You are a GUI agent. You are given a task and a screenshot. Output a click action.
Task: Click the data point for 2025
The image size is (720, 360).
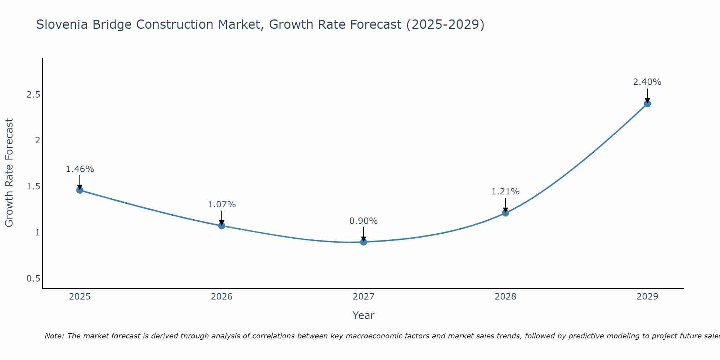pos(80,190)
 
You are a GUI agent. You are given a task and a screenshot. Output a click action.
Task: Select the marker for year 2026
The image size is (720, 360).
pos(222,226)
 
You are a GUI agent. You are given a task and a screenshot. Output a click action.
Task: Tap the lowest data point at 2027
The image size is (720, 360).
pos(364,242)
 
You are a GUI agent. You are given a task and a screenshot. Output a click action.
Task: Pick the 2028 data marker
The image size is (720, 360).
pos(505,213)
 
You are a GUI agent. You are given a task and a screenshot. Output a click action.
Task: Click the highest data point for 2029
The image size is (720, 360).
pos(647,104)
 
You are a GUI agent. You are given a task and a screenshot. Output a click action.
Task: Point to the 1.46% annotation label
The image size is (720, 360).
pos(80,169)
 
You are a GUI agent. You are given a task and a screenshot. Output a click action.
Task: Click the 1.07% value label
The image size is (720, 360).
pos(222,204)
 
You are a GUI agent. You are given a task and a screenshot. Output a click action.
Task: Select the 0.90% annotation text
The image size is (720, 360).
pos(364,221)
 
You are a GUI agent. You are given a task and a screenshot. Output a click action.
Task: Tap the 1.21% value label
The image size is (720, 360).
pos(505,192)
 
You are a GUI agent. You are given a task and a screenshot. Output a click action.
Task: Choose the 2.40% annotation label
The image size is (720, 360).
pos(647,82)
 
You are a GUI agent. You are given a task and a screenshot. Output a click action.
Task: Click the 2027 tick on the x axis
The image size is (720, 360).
pos(364,297)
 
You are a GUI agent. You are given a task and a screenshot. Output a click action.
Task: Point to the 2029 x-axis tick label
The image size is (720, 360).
pos(647,297)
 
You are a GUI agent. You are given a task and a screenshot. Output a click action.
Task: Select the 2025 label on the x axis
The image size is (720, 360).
pos(80,297)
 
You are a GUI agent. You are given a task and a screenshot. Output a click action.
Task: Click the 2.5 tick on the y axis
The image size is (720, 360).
pos(33,95)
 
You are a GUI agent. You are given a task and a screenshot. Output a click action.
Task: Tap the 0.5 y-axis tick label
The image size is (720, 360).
pos(33,279)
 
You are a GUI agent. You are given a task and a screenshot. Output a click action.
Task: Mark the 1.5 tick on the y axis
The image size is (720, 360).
pos(33,186)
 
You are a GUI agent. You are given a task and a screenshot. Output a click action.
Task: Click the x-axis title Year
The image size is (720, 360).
pos(364,315)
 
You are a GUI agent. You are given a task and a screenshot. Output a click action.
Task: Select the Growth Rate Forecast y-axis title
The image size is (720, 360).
pos(9,173)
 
